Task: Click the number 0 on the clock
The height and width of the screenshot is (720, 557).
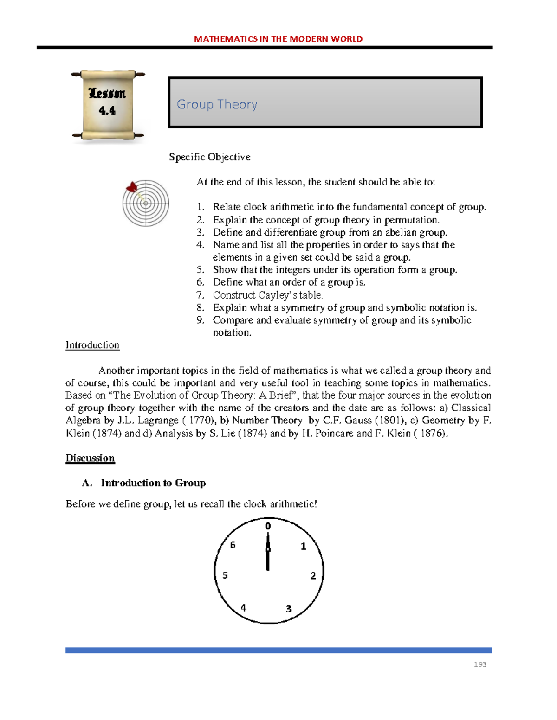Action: pyautogui.click(x=268, y=526)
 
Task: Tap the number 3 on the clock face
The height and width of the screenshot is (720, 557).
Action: pyautogui.click(x=289, y=609)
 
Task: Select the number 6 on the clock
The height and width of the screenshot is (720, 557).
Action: pyautogui.click(x=233, y=545)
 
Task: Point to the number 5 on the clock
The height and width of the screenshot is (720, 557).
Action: pyautogui.click(x=225, y=575)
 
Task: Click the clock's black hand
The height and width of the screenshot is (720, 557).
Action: pyautogui.click(x=268, y=554)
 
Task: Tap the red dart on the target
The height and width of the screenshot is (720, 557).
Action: pyautogui.click(x=132, y=188)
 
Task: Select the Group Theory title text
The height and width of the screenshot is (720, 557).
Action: pyautogui.click(x=217, y=104)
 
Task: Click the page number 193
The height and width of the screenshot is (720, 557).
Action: pyautogui.click(x=480, y=664)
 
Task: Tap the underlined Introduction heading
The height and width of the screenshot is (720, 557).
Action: pyautogui.click(x=92, y=345)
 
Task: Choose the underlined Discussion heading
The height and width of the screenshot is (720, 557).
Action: pyautogui.click(x=90, y=458)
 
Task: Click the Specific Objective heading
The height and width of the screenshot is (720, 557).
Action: pyautogui.click(x=209, y=157)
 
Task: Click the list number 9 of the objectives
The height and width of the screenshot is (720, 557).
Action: pyautogui.click(x=200, y=320)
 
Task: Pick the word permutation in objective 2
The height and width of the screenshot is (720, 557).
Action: pyautogui.click(x=411, y=220)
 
